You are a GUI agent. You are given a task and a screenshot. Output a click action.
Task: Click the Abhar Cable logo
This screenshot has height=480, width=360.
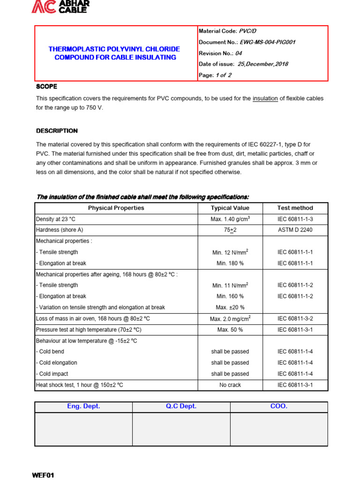(x=60, y=6)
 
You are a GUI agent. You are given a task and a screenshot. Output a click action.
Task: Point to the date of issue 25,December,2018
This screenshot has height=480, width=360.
(x=263, y=64)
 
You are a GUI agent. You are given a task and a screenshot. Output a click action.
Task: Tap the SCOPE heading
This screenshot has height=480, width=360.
(x=46, y=87)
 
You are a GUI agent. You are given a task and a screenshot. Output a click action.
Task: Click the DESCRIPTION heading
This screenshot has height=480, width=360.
(x=57, y=131)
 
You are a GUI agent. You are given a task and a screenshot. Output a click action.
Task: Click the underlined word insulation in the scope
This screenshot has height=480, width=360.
(x=265, y=98)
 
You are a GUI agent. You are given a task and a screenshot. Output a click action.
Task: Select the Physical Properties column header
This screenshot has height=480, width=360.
(x=116, y=208)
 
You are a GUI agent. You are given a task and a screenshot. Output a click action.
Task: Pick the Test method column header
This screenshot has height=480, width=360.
(x=295, y=208)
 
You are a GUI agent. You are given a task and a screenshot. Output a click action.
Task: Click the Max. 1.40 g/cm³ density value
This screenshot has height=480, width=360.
(x=230, y=219)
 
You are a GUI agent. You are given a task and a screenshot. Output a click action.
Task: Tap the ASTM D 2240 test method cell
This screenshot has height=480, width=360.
(x=295, y=230)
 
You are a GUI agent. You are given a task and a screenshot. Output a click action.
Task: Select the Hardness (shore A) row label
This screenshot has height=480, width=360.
(x=60, y=230)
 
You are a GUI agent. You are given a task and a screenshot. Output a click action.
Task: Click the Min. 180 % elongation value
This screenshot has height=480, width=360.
(x=230, y=263)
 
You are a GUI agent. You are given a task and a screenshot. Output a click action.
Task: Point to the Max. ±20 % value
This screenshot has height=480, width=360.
(x=230, y=307)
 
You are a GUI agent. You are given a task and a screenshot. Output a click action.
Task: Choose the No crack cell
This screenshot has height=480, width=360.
(x=230, y=385)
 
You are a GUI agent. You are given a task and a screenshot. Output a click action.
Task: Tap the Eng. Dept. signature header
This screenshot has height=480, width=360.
(x=83, y=406)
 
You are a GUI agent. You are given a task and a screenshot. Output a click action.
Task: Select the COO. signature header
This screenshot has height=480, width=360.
(x=279, y=406)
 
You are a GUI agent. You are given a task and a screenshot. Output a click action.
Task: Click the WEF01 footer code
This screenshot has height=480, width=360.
(x=43, y=475)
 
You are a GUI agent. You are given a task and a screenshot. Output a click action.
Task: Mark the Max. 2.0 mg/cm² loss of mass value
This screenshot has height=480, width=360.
(x=230, y=319)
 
